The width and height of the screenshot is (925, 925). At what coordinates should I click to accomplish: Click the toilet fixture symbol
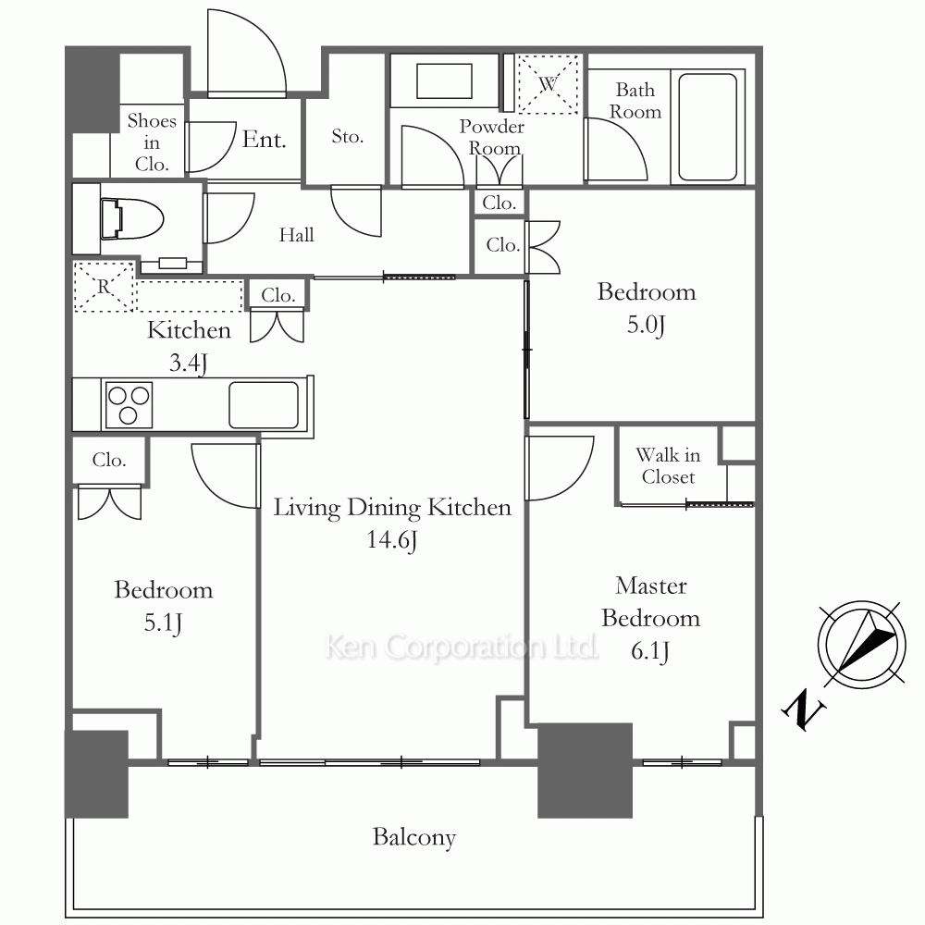(131, 219)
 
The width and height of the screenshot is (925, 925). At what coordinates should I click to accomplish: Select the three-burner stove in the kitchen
(129, 405)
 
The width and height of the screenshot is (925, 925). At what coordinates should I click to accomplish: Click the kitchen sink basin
(264, 405)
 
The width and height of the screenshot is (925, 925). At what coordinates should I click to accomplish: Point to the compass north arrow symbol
(861, 644)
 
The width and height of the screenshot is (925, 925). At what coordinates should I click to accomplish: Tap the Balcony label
(414, 838)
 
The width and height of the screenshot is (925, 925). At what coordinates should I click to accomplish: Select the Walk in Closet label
(668, 465)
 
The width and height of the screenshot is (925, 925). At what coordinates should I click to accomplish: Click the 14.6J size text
(392, 540)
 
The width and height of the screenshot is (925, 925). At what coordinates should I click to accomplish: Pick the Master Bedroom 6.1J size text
(650, 651)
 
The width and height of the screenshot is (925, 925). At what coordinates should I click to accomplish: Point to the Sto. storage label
(347, 136)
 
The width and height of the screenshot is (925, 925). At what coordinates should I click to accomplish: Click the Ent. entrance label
(264, 140)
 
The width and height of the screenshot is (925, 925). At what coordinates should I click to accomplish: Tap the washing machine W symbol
(548, 84)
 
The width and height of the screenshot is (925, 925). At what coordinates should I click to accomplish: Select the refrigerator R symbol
(104, 287)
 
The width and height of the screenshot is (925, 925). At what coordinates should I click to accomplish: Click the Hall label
(296, 235)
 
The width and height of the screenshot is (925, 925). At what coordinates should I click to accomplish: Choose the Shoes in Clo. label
(152, 142)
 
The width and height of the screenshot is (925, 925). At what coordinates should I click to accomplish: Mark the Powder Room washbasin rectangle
(444, 81)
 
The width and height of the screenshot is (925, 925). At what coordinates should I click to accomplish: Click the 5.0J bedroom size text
(646, 325)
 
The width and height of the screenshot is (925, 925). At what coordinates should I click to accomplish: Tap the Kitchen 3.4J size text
(188, 364)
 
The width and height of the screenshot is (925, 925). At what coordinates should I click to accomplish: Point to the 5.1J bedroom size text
(163, 623)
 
